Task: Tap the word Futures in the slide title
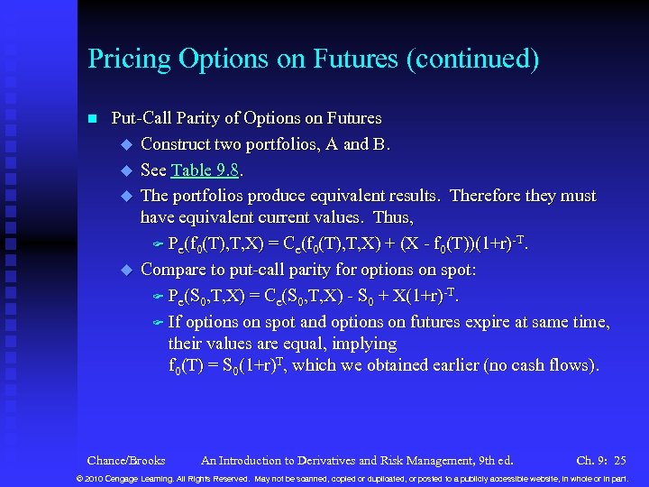(355, 60)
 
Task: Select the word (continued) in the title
(474, 60)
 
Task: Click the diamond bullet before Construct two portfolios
(126, 144)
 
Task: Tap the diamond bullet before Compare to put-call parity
(126, 270)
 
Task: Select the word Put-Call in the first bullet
(142, 118)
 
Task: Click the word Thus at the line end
(393, 218)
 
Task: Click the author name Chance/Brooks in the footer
(126, 461)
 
